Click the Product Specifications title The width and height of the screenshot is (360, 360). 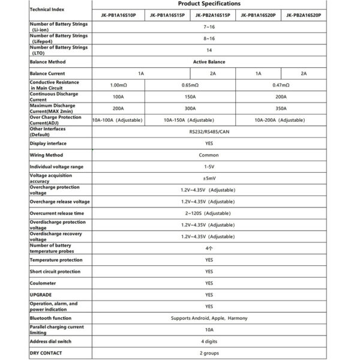point(209,4)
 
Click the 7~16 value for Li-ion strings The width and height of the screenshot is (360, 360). point(209,27)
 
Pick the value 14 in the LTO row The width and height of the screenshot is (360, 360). point(209,50)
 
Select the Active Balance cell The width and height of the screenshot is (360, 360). point(209,61)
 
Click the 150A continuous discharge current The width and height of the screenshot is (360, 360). point(186,96)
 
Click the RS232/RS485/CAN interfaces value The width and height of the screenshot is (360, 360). point(209,131)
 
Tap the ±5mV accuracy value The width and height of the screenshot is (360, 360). point(209,178)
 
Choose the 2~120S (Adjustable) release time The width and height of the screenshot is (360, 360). point(209,212)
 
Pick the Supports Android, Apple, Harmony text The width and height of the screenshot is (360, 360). point(209,318)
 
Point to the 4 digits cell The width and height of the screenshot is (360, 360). point(209,341)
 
